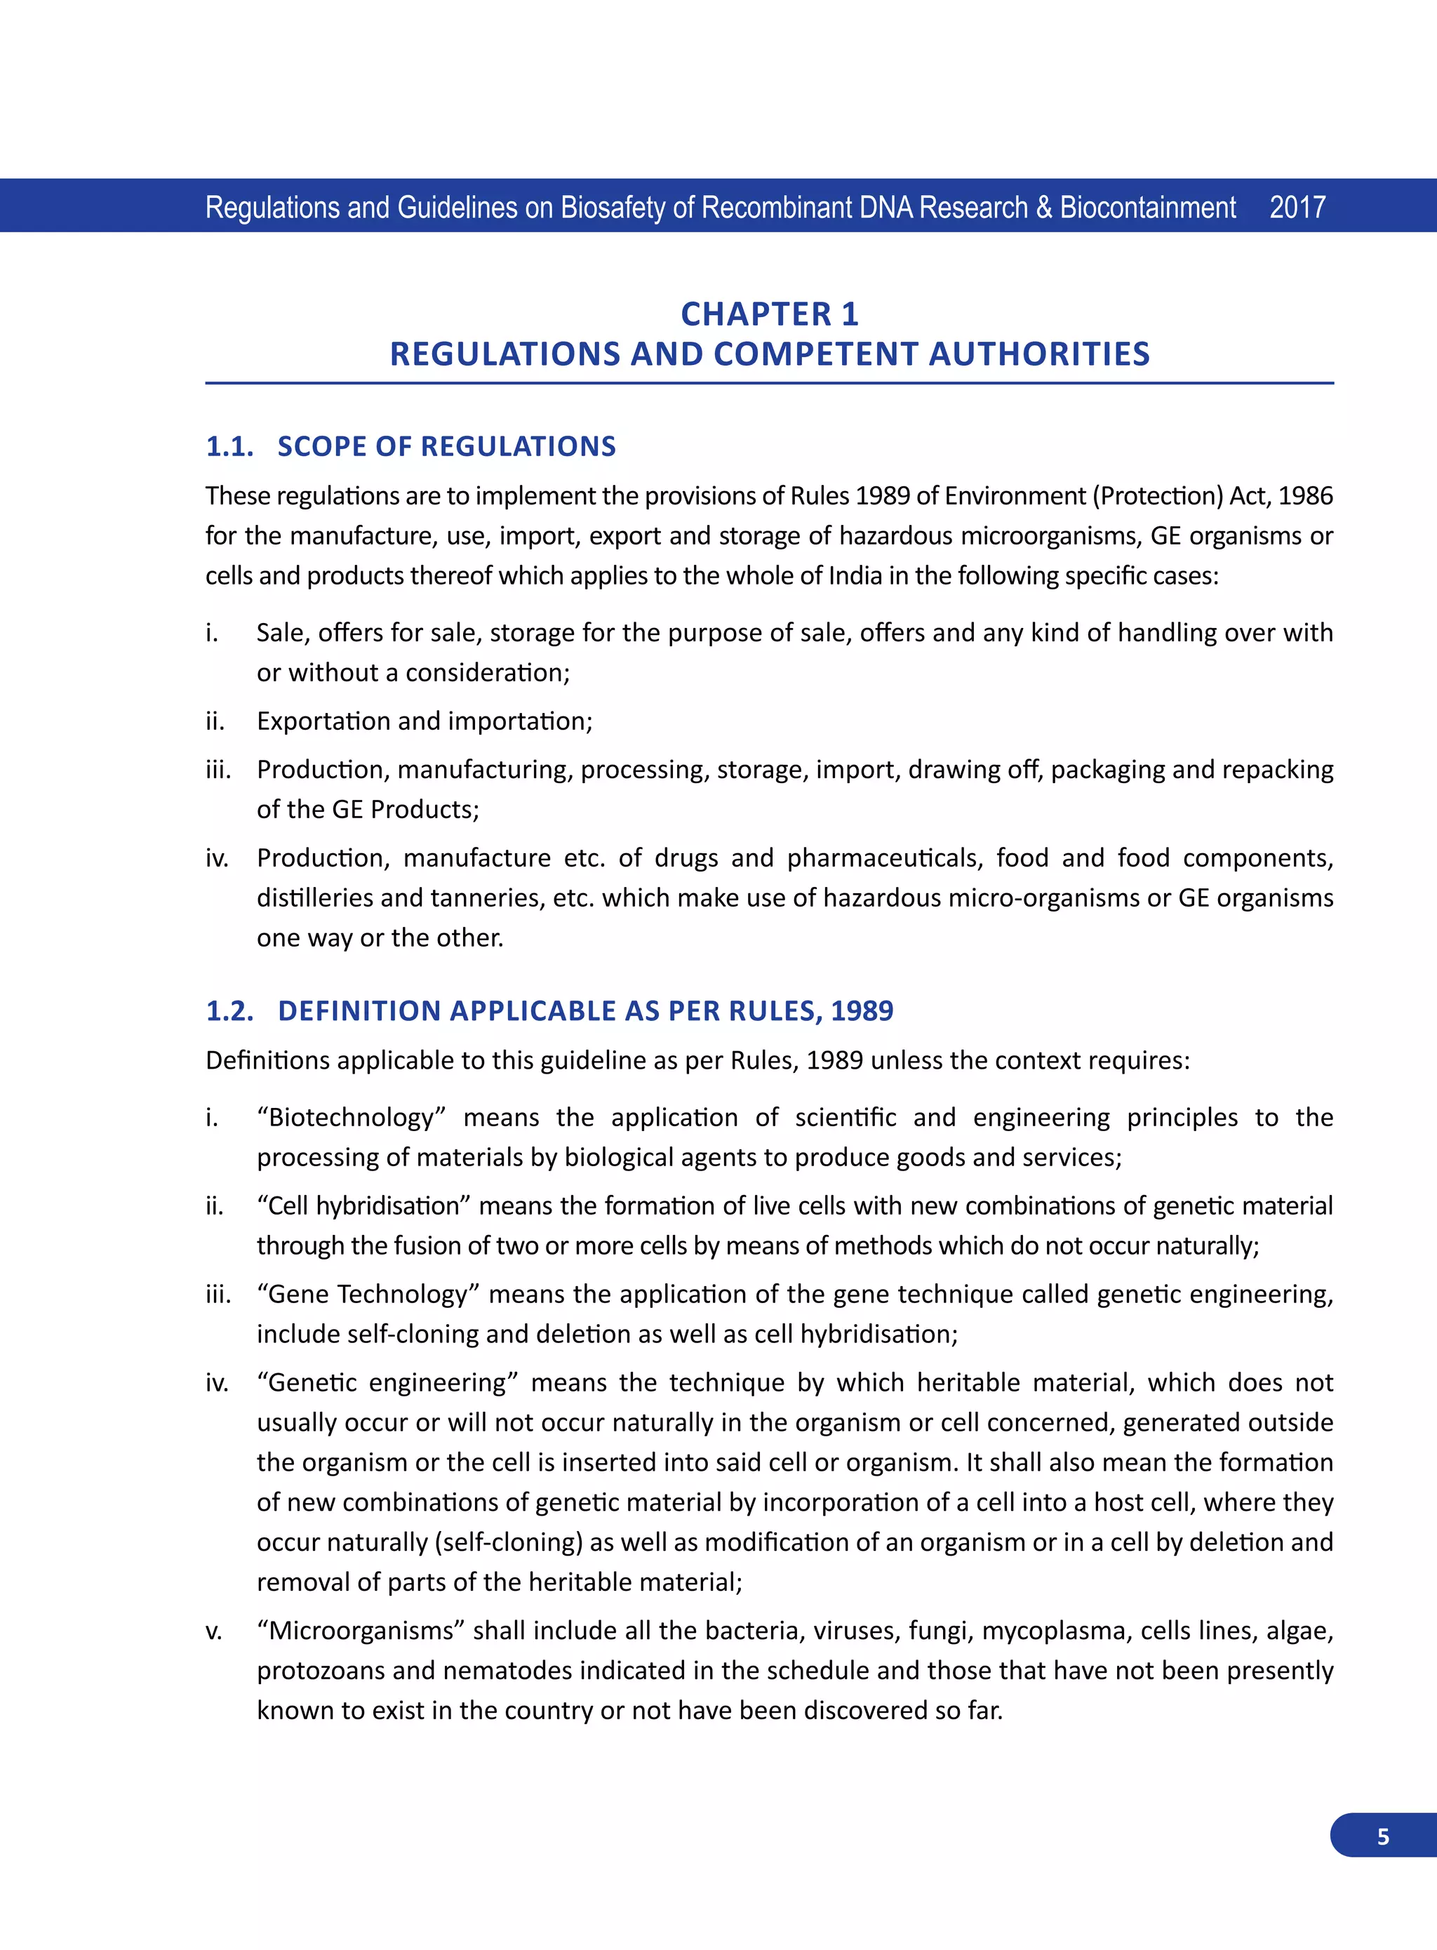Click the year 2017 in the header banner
point(1297,207)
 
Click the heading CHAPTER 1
point(769,314)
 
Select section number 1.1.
point(229,446)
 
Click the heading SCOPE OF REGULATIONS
point(446,446)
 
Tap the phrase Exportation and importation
point(424,721)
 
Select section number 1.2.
point(229,1010)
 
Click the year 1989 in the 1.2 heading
point(861,1010)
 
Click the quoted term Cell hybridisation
point(363,1206)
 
